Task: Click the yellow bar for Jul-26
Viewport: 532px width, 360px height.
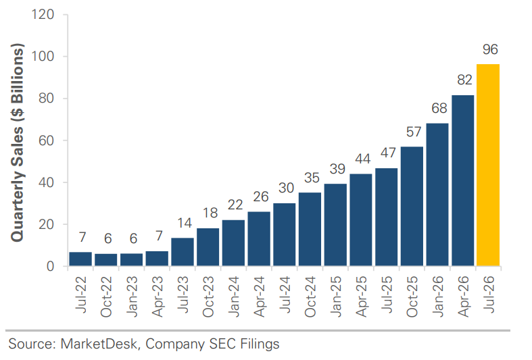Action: tap(488, 165)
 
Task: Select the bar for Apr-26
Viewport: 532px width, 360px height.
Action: tap(463, 180)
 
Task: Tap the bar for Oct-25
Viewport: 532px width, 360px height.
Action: tap(412, 206)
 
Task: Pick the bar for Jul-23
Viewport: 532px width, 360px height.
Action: tap(183, 252)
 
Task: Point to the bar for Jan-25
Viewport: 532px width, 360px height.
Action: tap(335, 225)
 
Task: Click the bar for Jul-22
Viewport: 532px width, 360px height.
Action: tap(80, 259)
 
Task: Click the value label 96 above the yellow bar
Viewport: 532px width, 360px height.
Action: tap(490, 49)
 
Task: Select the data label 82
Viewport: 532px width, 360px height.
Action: tap(464, 80)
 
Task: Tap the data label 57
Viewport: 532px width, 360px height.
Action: tap(414, 132)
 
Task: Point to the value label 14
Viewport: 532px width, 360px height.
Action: tap(185, 223)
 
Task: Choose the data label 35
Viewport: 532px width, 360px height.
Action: tap(312, 178)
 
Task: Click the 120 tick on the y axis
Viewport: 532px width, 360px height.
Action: tap(43, 15)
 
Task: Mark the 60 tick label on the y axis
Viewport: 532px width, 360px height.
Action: tap(47, 140)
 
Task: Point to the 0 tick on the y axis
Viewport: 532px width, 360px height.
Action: tap(50, 266)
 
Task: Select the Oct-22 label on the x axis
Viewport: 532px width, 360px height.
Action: tap(106, 297)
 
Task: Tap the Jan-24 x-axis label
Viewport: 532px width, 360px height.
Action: tap(234, 297)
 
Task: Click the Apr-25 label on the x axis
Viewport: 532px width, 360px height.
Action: tap(362, 297)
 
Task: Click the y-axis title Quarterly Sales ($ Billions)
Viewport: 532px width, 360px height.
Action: tap(18, 143)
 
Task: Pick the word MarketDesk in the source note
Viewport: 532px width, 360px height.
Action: tap(99, 344)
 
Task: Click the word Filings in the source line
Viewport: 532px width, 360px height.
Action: tap(260, 344)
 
